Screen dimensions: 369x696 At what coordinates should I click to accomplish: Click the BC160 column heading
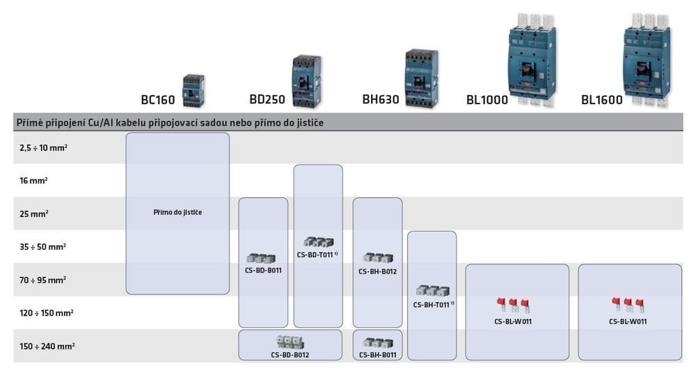point(158,100)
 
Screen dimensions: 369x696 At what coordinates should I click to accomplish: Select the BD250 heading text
point(267,100)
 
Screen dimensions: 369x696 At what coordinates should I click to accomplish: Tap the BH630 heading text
point(381,100)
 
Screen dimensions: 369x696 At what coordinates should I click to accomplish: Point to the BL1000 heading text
point(487,100)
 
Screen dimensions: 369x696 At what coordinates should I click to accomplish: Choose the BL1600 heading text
point(602,100)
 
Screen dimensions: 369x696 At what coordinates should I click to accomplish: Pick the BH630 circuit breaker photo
point(421,78)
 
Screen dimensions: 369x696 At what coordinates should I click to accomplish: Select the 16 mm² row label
point(34,181)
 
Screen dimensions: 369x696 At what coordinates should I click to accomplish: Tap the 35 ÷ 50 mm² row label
point(43,247)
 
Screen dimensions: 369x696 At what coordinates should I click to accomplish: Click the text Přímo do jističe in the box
point(177,212)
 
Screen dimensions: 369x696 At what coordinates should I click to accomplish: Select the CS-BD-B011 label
point(263,270)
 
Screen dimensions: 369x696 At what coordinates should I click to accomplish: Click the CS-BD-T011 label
point(317,255)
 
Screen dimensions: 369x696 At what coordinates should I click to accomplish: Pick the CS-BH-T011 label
point(433,304)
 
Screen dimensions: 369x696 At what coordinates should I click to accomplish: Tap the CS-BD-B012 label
point(290,355)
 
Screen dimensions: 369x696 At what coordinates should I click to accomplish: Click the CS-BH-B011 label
point(377,355)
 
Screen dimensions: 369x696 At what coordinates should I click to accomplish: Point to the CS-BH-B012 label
point(377,271)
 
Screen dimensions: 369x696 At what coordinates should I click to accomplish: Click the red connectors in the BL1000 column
point(514,304)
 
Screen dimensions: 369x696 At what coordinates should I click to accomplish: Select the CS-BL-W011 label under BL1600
point(628,321)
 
